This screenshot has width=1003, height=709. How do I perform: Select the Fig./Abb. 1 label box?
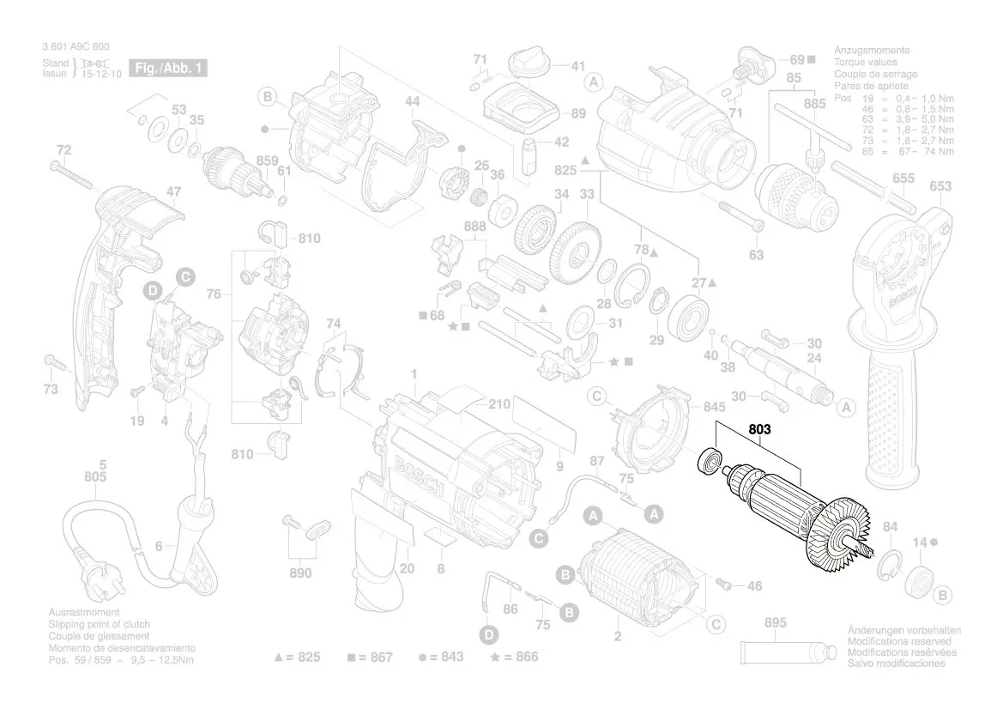(x=167, y=68)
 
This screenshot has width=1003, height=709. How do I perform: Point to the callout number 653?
(x=940, y=186)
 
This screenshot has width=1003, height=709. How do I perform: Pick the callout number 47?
(x=173, y=192)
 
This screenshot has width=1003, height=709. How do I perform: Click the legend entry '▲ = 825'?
(x=297, y=657)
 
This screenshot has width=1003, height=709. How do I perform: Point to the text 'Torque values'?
(x=866, y=63)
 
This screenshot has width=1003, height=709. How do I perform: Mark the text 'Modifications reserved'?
(x=898, y=641)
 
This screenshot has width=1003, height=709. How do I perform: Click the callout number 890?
(x=299, y=573)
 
